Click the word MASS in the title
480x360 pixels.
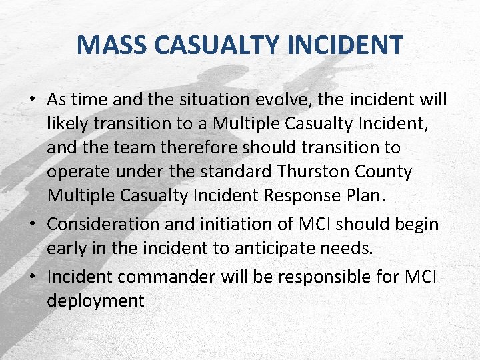113,45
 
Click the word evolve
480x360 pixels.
285,99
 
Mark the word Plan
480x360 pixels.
367,196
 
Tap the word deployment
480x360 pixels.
95,301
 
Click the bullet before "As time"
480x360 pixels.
33,101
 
